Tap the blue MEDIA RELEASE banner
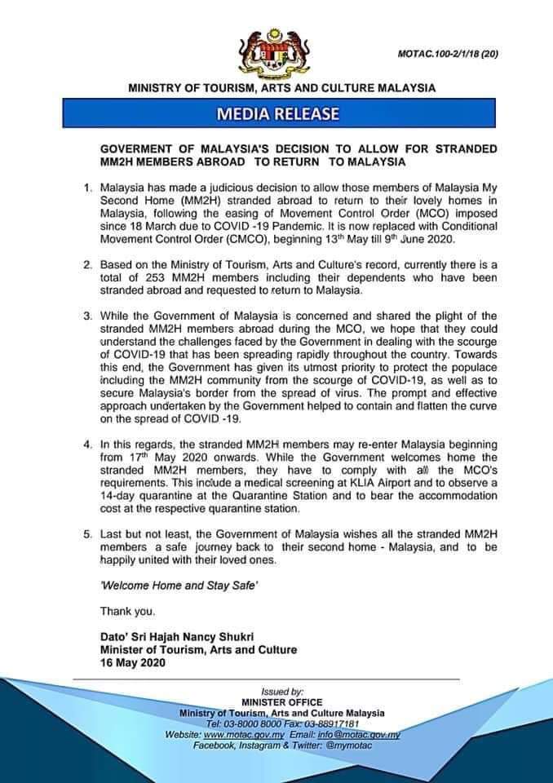click(276, 113)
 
